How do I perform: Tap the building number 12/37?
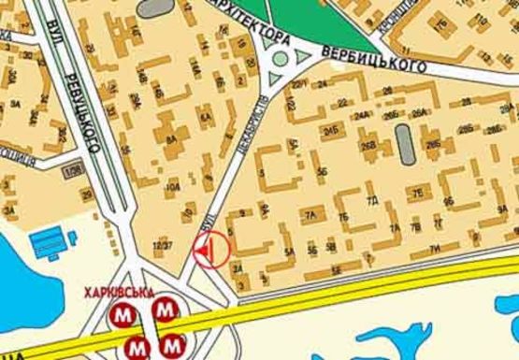pyautogui.click(x=163, y=245)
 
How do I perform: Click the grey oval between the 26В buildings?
pyautogui.click(x=404, y=141)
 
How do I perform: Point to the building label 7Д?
pyautogui.click(x=371, y=200)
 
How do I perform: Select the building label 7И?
pyautogui.click(x=434, y=248)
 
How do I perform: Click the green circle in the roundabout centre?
pyautogui.click(x=280, y=61)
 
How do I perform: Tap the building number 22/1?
pyautogui.click(x=297, y=85)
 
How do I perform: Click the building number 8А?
pyautogui.click(x=171, y=140)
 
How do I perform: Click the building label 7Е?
pyautogui.click(x=418, y=193)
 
